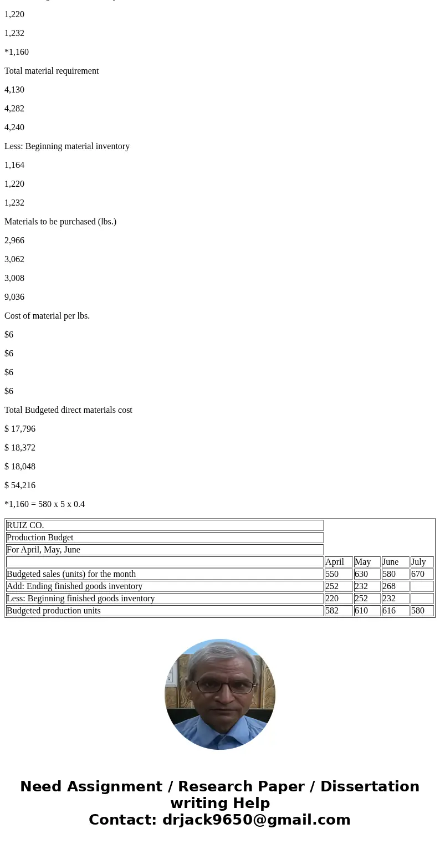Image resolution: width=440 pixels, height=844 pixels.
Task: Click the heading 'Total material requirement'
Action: point(52,71)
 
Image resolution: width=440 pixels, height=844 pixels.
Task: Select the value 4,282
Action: point(14,109)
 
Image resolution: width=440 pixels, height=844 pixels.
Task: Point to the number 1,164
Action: point(14,165)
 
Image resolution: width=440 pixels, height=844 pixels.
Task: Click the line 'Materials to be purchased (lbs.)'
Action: point(60,222)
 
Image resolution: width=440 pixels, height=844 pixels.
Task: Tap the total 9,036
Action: point(14,297)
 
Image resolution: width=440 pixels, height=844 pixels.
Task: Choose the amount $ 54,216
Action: point(20,485)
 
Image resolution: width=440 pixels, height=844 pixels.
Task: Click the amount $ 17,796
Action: point(20,429)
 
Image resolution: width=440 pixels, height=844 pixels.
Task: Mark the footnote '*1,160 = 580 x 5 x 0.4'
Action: point(45,504)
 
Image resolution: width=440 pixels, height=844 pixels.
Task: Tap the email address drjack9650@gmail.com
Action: point(256,820)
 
